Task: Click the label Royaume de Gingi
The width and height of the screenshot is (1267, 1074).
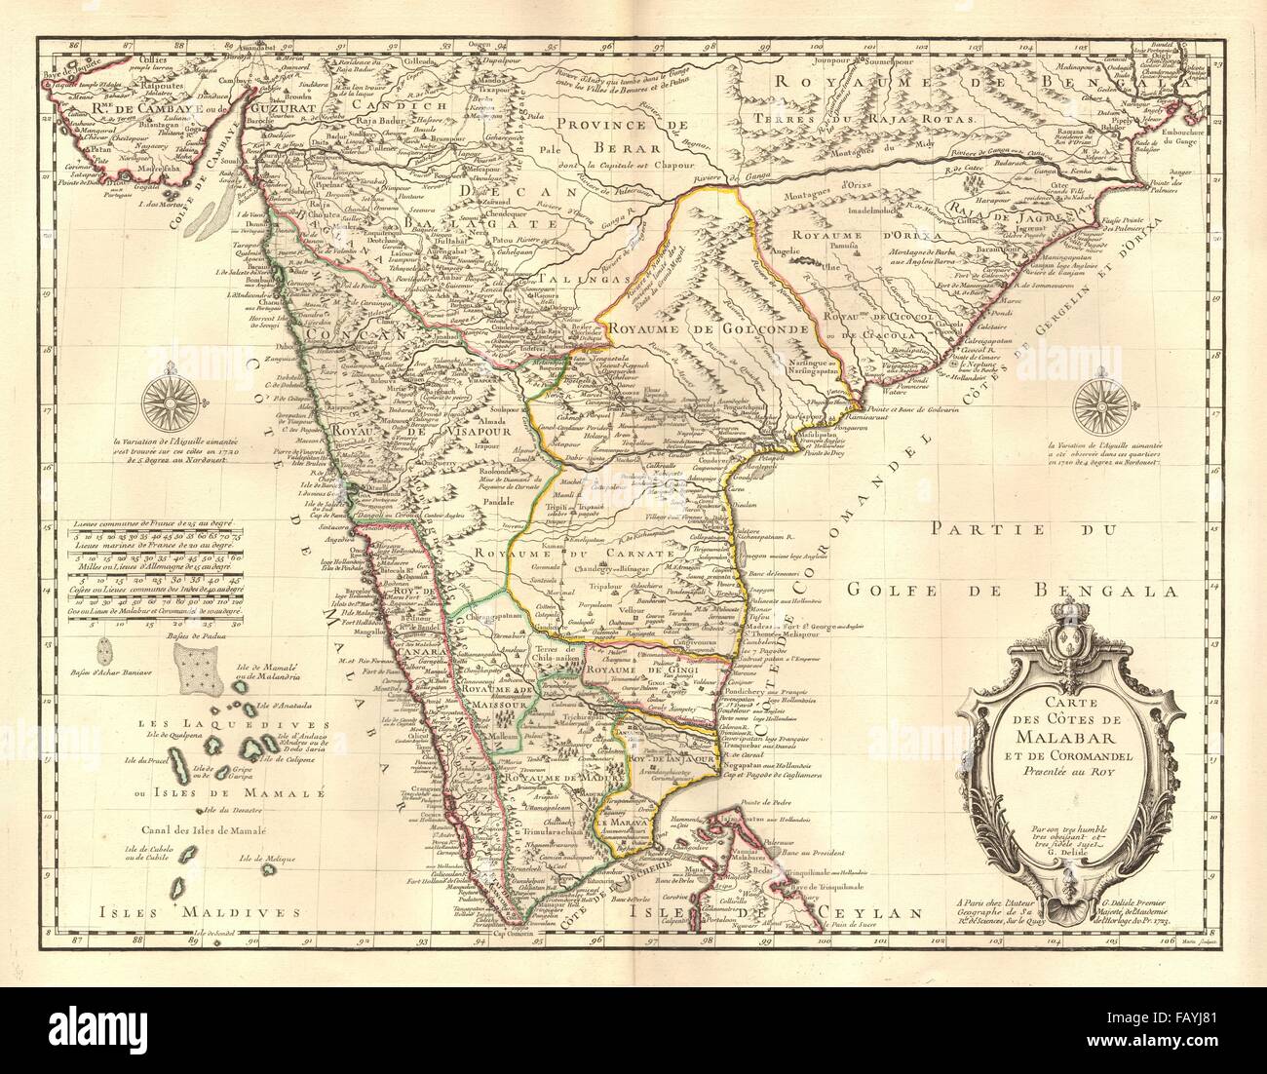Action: click(x=643, y=671)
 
